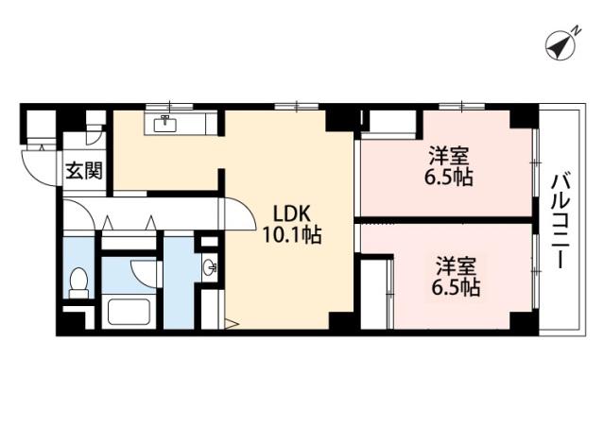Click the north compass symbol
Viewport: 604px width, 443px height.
pyautogui.click(x=561, y=46)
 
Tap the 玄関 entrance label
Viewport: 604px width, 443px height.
pyautogui.click(x=84, y=171)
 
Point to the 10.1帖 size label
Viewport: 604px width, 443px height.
pyautogui.click(x=291, y=234)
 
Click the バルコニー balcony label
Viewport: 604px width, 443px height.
pyautogui.click(x=562, y=221)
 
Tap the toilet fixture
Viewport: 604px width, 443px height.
pyautogui.click(x=79, y=282)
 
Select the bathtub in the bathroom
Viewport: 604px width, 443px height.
pyautogui.click(x=129, y=312)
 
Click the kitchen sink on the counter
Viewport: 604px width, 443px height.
pyautogui.click(x=165, y=124)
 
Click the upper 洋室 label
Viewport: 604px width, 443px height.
pyautogui.click(x=449, y=156)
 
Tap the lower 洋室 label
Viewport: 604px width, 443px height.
pyautogui.click(x=456, y=266)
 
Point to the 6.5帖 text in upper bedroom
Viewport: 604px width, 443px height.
pyautogui.click(x=449, y=177)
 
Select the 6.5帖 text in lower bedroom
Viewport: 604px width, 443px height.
pyautogui.click(x=456, y=287)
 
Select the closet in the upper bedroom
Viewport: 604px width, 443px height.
pyautogui.click(x=391, y=124)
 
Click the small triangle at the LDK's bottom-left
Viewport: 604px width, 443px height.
pyautogui.click(x=232, y=324)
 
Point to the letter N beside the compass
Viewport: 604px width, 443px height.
pyautogui.click(x=576, y=30)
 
